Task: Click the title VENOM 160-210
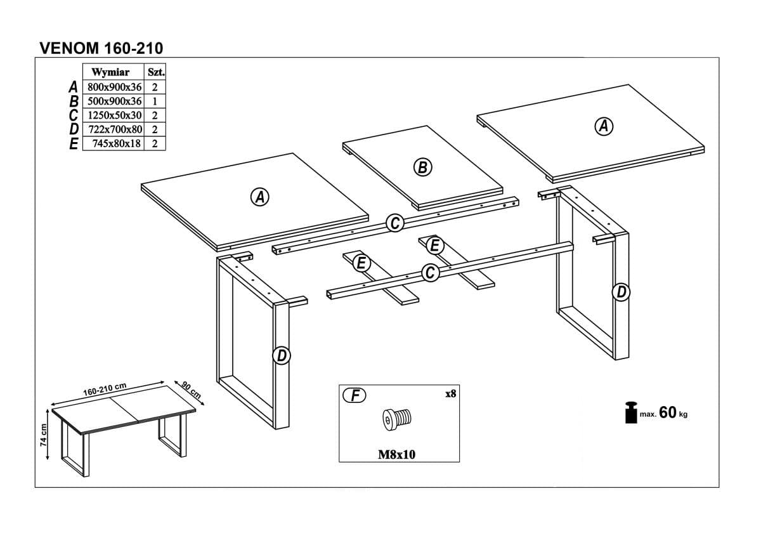point(101,48)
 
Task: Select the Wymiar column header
point(110,72)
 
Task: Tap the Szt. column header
point(156,72)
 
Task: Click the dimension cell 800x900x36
point(115,87)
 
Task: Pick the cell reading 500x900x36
point(115,101)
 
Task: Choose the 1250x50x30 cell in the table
point(115,115)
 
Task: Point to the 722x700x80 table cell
point(115,129)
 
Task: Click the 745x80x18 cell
point(117,143)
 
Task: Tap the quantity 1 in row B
point(155,102)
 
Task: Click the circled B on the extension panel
point(422,167)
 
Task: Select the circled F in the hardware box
point(354,395)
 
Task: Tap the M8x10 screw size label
point(397,454)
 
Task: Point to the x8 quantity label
point(450,393)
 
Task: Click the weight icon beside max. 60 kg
point(631,412)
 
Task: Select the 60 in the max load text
point(668,412)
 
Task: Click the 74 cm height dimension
point(43,435)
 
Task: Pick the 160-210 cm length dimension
point(105,389)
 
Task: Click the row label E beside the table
point(74,144)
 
